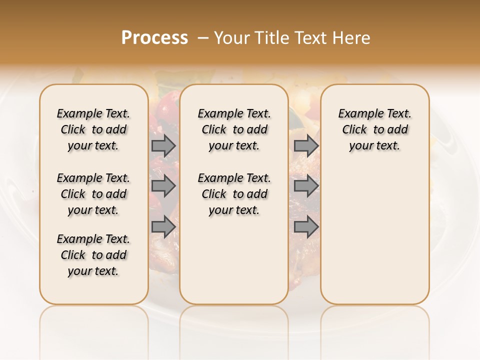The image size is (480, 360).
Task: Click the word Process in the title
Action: point(154,38)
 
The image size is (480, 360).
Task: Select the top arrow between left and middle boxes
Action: point(163,145)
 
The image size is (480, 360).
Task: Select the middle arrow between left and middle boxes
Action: point(163,186)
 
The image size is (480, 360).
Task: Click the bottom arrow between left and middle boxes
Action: point(163,227)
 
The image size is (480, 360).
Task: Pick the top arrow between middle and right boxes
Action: point(306,145)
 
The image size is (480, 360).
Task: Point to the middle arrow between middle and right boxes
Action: point(306,186)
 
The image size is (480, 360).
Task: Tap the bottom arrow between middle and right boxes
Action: point(306,227)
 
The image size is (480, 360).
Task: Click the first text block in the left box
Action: point(93,129)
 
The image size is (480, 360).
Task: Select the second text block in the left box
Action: point(93,194)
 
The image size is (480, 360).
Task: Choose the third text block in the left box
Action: point(93,255)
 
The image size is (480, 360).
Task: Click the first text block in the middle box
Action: point(234,129)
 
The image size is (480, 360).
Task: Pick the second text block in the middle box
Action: point(234,194)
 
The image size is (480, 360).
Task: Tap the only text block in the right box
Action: point(374,129)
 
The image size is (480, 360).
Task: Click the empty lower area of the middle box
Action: point(234,260)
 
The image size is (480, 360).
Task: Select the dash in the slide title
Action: point(202,38)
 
